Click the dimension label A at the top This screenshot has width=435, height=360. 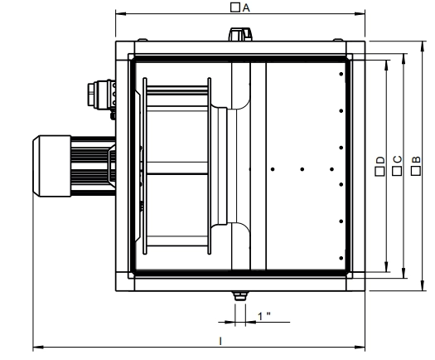(x=246, y=7)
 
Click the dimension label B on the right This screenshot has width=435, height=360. (x=416, y=160)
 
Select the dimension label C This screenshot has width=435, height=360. (x=397, y=159)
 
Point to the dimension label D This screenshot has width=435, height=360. (x=380, y=160)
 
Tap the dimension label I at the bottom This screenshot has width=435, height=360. (x=220, y=341)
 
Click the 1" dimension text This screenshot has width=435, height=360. (x=263, y=316)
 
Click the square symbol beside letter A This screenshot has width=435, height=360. (x=235, y=7)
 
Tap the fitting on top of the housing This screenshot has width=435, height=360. (x=240, y=34)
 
